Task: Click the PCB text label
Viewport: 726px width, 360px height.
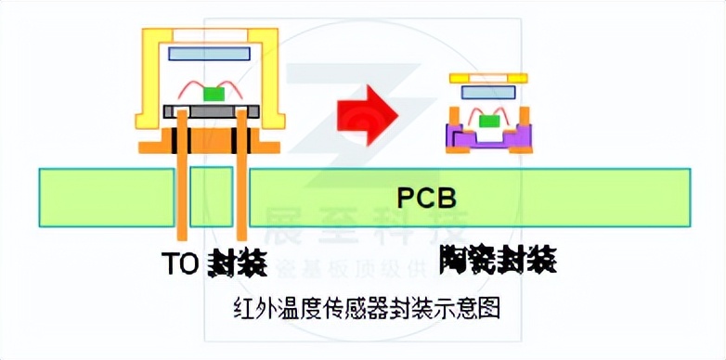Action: coord(427,198)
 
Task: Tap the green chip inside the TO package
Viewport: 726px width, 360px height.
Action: coord(214,93)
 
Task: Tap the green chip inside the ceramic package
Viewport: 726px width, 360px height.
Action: coord(489,121)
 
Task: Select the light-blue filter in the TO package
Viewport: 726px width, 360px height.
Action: coord(209,54)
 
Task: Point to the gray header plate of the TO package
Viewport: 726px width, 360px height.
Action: coord(209,110)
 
